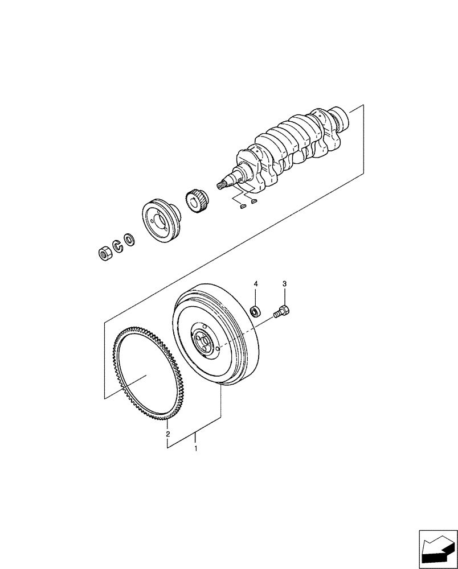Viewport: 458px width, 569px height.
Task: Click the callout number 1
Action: point(196,449)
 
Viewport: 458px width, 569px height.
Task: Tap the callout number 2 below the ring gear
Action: point(167,434)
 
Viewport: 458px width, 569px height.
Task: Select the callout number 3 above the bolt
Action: point(285,283)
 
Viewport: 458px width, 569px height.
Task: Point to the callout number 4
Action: point(256,283)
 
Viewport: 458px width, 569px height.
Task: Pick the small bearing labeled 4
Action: point(256,311)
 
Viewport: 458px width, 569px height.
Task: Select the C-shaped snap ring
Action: point(117,246)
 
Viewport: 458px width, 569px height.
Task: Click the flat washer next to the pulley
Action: point(130,240)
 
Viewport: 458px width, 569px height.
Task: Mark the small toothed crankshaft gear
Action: point(194,201)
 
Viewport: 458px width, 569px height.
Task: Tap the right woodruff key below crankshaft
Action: point(254,200)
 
